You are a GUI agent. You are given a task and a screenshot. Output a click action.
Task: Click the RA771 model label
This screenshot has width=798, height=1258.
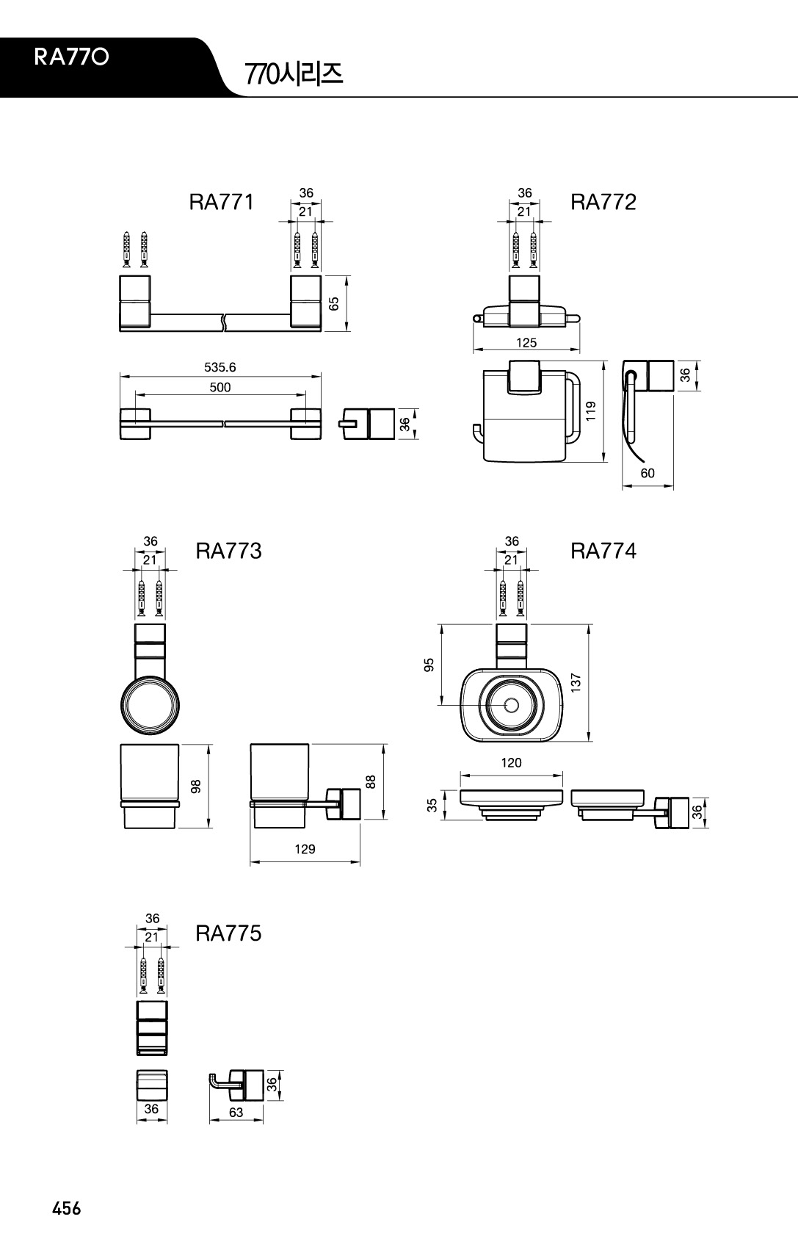pos(221,202)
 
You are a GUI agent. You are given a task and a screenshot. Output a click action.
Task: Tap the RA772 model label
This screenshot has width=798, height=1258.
pos(603,202)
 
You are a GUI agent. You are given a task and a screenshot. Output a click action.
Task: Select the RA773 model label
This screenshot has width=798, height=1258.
pos(228,551)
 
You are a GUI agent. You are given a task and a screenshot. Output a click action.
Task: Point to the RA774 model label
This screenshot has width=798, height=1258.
pos(603,551)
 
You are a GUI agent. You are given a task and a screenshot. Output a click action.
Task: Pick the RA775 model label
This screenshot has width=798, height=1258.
pos(228,933)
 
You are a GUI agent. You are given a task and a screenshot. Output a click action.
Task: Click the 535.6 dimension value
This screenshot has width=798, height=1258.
pos(220,367)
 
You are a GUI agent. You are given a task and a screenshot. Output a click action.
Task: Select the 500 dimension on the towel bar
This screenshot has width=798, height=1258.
pos(220,387)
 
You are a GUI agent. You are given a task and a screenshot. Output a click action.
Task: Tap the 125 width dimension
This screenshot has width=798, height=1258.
pos(526,342)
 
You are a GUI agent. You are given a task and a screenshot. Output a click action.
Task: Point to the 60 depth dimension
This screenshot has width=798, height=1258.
pos(647,474)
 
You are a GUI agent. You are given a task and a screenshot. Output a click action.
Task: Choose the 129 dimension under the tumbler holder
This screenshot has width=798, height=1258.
pos(305,849)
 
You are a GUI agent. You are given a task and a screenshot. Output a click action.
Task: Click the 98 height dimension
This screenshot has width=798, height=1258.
pos(196,787)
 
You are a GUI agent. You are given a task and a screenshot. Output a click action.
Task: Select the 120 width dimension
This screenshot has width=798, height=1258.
pos(511,763)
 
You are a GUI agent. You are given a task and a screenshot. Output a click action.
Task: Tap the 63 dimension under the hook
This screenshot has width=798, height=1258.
pos(236,1113)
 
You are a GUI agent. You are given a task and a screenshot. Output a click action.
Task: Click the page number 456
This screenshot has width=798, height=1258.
pos(66,1208)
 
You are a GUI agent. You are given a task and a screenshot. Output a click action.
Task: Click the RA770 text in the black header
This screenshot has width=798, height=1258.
pos(71,57)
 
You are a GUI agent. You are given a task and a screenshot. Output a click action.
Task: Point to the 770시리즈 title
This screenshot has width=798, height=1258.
pos(294,74)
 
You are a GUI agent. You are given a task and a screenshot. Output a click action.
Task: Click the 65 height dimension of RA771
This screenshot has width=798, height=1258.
pos(334,303)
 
